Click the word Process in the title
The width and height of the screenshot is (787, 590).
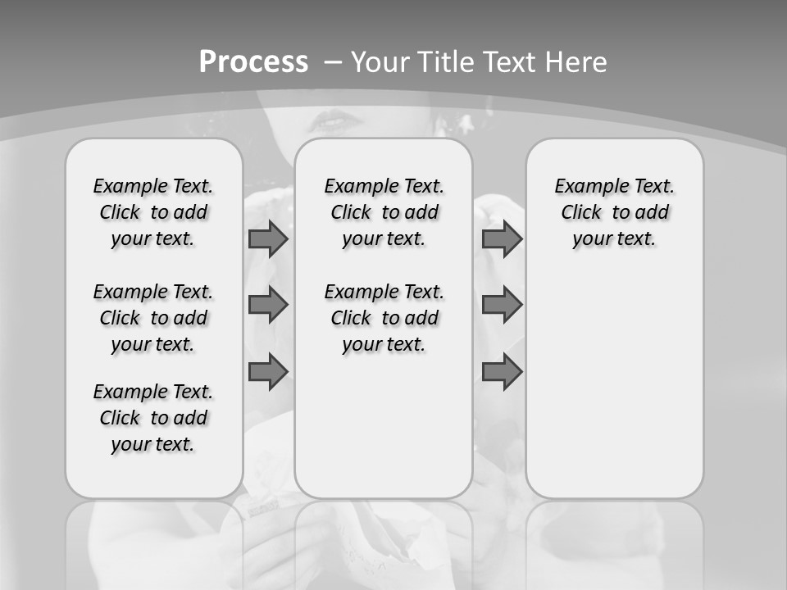coord(253,62)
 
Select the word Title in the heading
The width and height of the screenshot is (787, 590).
coord(448,62)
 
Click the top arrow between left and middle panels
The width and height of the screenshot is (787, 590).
coord(268,239)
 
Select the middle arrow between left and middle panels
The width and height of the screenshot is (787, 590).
coord(268,305)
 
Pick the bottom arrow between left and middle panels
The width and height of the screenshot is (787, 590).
coord(268,372)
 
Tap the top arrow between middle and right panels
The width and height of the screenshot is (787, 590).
coord(502,239)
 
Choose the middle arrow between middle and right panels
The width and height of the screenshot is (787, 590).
coord(502,305)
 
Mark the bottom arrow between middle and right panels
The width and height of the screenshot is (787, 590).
coord(502,372)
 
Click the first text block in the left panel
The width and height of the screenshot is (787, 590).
coord(153,212)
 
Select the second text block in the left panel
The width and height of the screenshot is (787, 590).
coord(153,318)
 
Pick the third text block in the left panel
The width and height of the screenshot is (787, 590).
coord(153,418)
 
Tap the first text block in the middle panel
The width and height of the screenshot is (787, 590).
coord(384,212)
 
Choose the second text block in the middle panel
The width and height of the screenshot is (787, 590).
coord(384,318)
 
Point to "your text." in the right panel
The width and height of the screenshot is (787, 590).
coord(614,239)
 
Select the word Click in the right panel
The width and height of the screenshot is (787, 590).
coord(581,213)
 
